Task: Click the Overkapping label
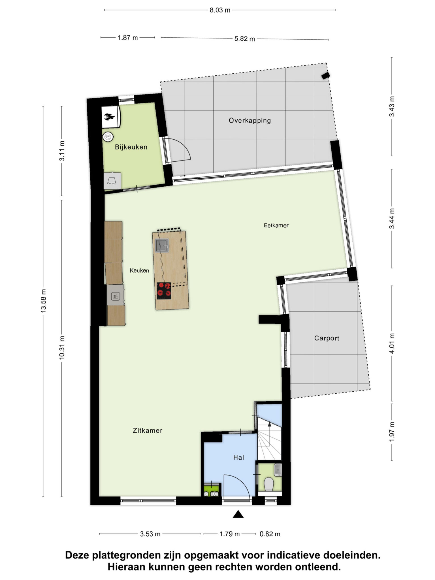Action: [x=250, y=121]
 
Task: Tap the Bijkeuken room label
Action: [x=131, y=147]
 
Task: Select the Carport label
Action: [x=327, y=338]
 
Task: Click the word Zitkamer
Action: [x=148, y=430]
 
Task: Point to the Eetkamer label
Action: [x=276, y=225]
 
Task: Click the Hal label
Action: [x=238, y=457]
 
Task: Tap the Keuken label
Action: [x=139, y=270]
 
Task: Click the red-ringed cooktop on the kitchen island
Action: [x=164, y=291]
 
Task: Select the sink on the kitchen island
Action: [x=162, y=246]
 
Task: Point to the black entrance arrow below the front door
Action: [x=238, y=514]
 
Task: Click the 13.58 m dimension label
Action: [x=43, y=301]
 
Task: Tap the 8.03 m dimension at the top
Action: [x=220, y=10]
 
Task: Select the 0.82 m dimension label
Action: [x=270, y=534]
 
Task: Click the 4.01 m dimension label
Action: [x=392, y=343]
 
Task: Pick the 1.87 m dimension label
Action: [x=128, y=37]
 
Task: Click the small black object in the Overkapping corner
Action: [x=325, y=76]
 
